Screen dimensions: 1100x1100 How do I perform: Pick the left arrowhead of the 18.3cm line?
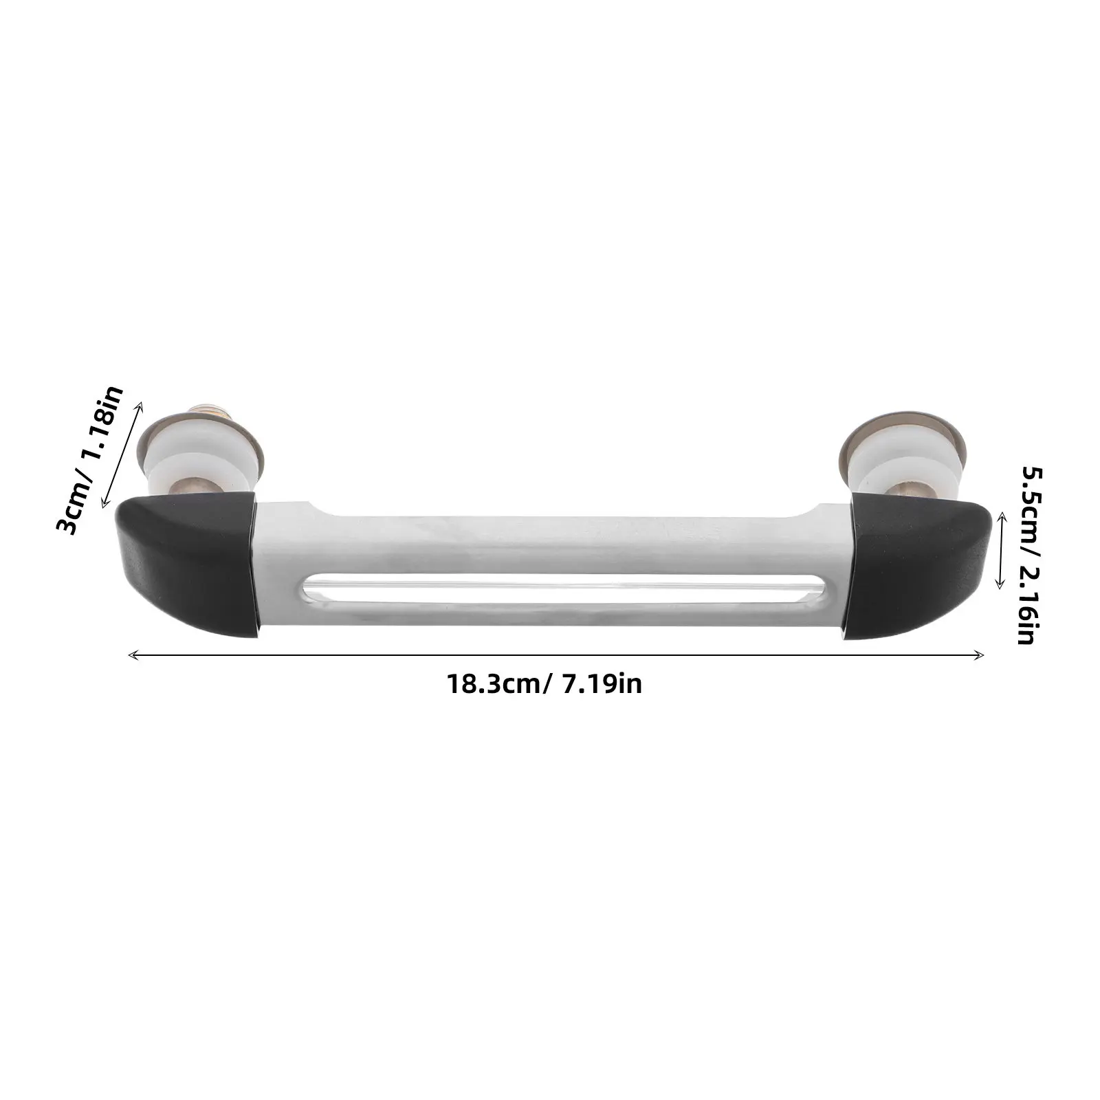132,655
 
